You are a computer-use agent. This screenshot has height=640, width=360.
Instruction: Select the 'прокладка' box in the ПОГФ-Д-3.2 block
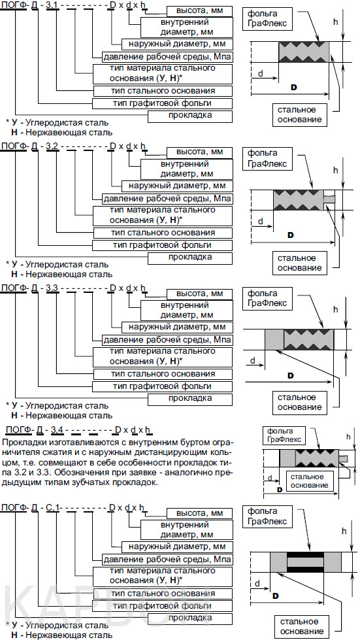(x=190, y=258)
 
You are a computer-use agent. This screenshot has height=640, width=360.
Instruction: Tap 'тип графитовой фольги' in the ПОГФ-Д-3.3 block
(x=163, y=386)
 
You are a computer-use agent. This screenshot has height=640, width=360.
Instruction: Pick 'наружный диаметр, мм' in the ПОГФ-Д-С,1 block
(x=177, y=547)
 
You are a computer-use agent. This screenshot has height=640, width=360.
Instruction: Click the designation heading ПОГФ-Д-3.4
(x=80, y=429)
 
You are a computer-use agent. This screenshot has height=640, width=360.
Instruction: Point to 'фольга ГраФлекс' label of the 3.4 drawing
(x=285, y=435)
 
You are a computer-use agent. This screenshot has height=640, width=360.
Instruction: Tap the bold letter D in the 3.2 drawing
(x=291, y=235)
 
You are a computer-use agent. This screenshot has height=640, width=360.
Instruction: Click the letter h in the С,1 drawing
(x=344, y=531)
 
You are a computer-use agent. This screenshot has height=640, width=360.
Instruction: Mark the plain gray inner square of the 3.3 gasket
(x=274, y=339)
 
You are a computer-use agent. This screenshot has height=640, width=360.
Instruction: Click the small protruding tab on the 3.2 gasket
(x=330, y=199)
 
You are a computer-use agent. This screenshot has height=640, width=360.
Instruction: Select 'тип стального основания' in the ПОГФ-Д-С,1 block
(x=163, y=594)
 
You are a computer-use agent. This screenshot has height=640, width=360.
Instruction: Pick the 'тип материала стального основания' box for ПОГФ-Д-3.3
(x=163, y=357)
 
